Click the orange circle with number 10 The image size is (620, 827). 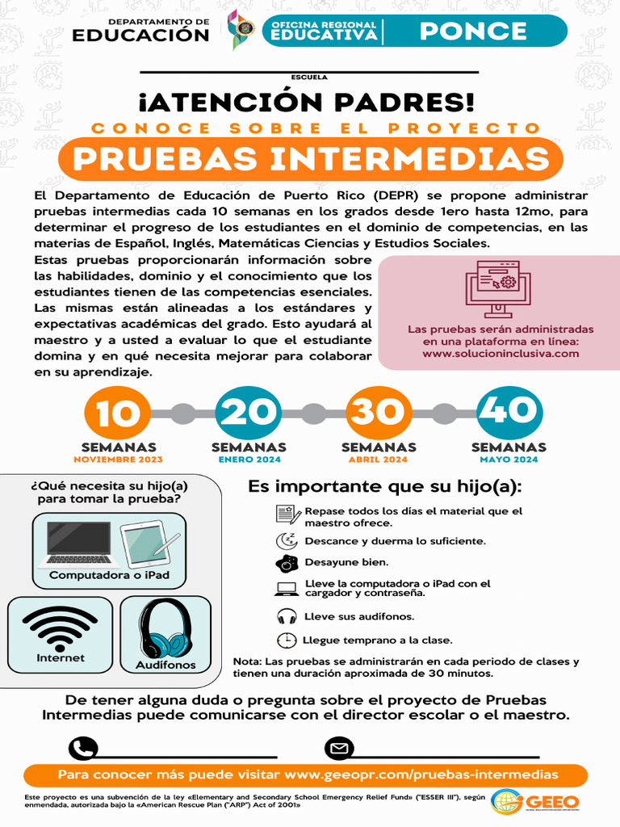pos(118,413)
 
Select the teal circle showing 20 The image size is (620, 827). pos(248,413)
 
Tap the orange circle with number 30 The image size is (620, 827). pos(379,413)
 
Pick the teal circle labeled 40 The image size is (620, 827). pos(509,413)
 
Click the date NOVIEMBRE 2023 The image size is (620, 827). pos(118,460)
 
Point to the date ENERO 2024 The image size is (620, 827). pos(249,460)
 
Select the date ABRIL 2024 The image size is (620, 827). pos(379,460)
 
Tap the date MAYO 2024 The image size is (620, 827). pos(509,460)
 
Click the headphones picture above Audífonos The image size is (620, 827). pos(165,628)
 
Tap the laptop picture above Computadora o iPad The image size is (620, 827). pos(79,543)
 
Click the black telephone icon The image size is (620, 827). pos(83,749)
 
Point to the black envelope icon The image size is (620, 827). pos(339,749)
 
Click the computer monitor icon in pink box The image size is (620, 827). pos(498,288)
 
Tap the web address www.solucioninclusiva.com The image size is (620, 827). pos(501,353)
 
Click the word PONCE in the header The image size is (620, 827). pos(473,31)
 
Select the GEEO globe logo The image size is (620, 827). pos(508,802)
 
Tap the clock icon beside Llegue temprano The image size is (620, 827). pos(286,640)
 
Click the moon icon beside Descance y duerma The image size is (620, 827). pos(286,540)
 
